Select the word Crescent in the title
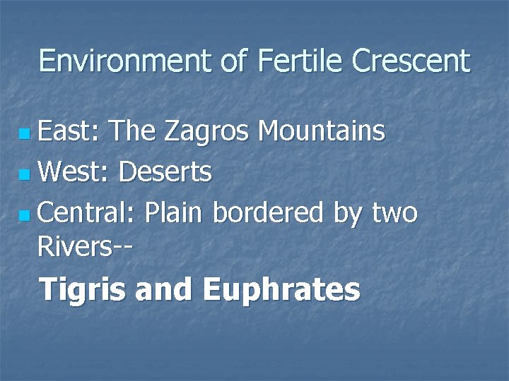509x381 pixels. click(x=411, y=61)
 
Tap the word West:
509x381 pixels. click(x=74, y=171)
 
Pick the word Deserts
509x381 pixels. click(x=165, y=171)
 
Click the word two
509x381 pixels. click(x=394, y=212)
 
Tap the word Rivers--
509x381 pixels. click(x=87, y=248)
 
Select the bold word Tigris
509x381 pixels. click(x=81, y=290)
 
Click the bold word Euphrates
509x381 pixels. click(x=281, y=290)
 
